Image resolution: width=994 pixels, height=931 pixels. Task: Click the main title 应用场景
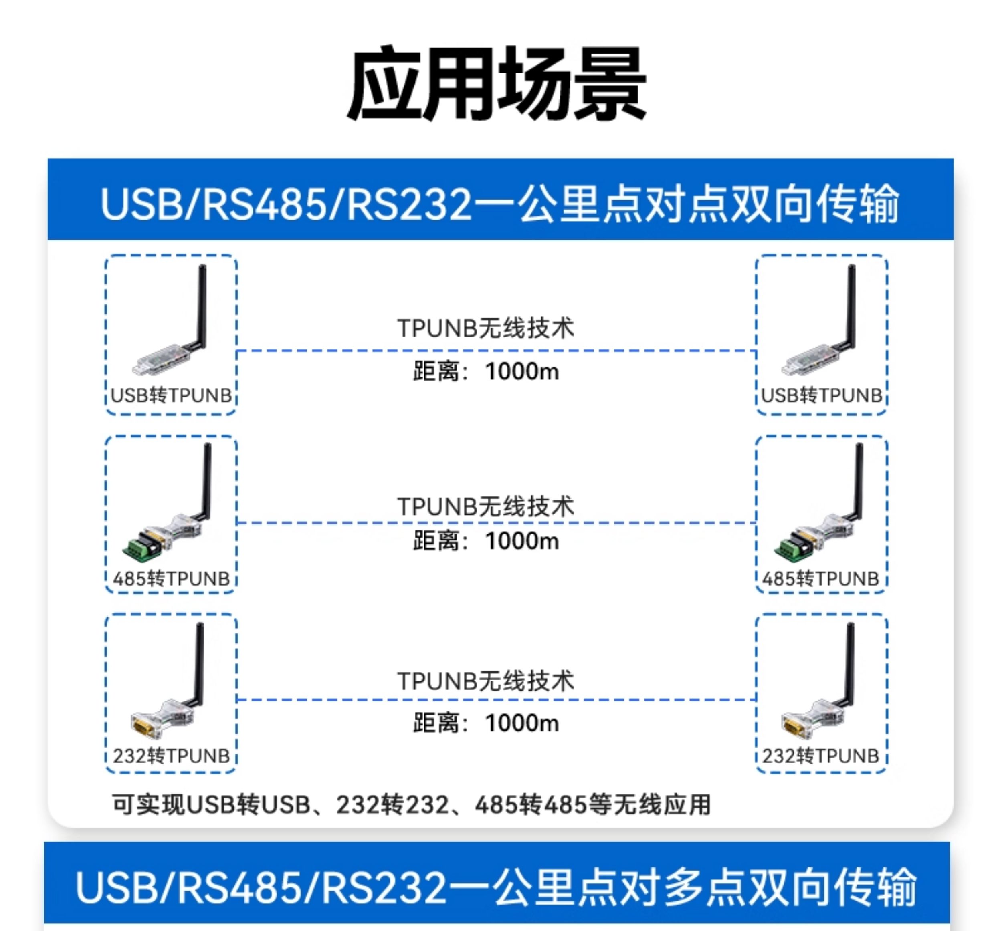tap(497, 83)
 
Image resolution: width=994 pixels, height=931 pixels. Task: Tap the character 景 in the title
tap(610, 83)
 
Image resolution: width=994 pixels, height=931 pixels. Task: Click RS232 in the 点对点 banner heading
tap(409, 204)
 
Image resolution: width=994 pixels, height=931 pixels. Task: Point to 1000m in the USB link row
tap(522, 371)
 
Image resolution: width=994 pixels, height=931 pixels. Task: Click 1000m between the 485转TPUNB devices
tap(522, 541)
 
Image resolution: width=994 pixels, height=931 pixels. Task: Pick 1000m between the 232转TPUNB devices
tap(522, 723)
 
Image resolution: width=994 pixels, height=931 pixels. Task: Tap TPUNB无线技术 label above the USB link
tap(485, 328)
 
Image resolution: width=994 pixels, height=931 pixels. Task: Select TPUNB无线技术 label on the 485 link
tap(485, 506)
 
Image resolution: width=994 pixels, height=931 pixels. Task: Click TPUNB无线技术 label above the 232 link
tap(485, 681)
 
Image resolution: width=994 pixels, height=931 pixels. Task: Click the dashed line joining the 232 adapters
tap(496, 699)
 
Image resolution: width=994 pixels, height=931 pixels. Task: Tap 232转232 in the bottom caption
tap(392, 804)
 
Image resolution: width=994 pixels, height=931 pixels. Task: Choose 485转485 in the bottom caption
tap(531, 804)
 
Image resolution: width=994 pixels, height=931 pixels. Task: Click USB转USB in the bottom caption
tap(248, 804)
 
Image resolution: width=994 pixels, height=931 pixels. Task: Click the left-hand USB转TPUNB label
tap(171, 395)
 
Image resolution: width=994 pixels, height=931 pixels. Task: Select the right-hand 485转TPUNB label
tap(820, 579)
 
